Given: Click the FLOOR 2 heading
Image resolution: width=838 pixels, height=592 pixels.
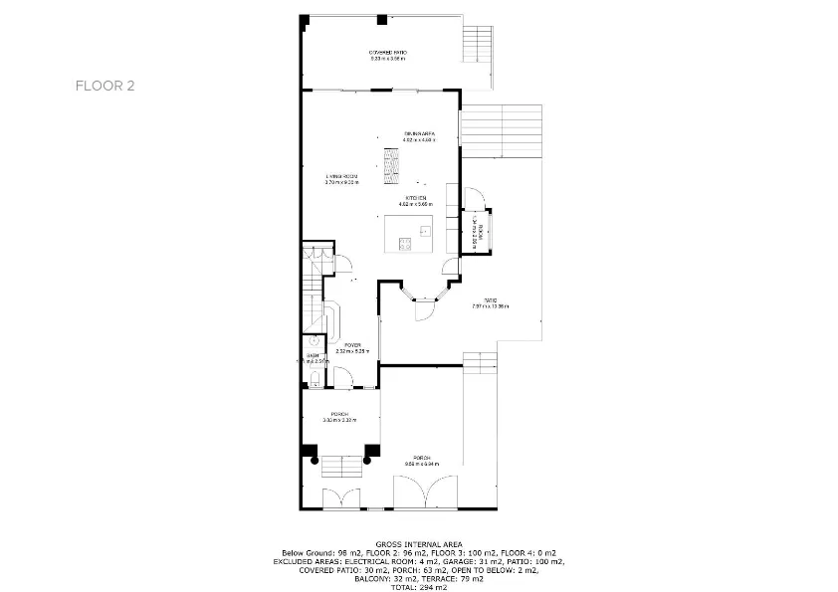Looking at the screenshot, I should (105, 86).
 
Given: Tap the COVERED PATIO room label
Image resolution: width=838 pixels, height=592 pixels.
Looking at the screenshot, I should (388, 53).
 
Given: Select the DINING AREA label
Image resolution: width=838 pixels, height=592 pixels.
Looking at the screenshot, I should (419, 133).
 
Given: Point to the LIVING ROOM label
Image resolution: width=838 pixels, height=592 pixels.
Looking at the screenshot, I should (341, 176).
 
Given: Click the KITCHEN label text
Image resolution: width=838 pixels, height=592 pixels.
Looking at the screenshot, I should (416, 198).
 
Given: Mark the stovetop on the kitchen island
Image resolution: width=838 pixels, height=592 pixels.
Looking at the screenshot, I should (405, 243).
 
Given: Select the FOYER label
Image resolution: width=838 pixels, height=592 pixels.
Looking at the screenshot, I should (352, 344).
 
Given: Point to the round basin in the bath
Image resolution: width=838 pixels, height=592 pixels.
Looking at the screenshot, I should (312, 341).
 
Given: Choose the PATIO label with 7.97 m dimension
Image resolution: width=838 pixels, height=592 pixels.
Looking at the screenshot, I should (490, 300).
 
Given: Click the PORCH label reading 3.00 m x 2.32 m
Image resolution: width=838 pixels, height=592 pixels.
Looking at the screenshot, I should (338, 415).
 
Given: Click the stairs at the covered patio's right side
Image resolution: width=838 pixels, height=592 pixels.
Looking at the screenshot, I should (479, 44).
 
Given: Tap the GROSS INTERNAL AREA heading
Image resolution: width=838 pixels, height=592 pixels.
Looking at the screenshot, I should (418, 544).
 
